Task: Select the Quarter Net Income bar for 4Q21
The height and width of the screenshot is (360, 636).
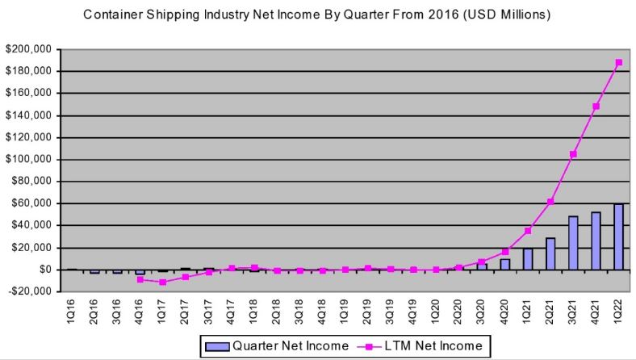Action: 596,241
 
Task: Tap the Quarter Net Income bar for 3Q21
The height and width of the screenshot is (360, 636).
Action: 574,243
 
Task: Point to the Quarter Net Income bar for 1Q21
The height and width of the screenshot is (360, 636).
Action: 528,258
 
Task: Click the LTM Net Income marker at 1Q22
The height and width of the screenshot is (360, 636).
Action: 619,62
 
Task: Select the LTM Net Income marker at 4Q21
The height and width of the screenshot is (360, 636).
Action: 596,106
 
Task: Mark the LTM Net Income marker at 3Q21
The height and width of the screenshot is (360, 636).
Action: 574,154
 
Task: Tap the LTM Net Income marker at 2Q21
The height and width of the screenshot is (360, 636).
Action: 550,202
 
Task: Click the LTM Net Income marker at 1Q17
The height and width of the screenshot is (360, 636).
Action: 162,282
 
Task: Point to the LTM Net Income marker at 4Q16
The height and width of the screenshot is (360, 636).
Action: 140,279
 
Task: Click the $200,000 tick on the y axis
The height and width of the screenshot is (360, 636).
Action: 29,49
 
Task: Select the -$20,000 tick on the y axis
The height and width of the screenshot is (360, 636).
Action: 29,291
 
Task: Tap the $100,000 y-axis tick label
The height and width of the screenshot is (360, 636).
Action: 29,159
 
